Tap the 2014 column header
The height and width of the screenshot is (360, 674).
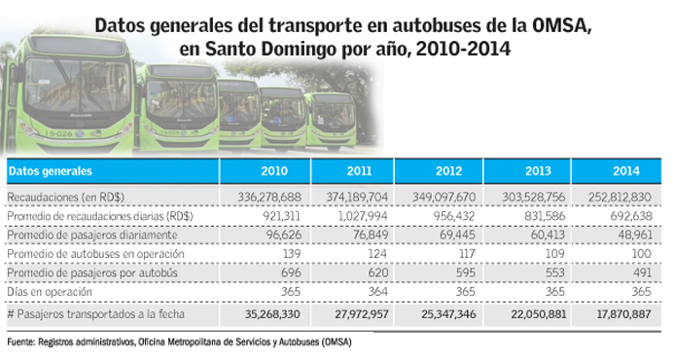point(626,171)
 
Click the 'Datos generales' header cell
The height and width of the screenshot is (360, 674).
point(51,171)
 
